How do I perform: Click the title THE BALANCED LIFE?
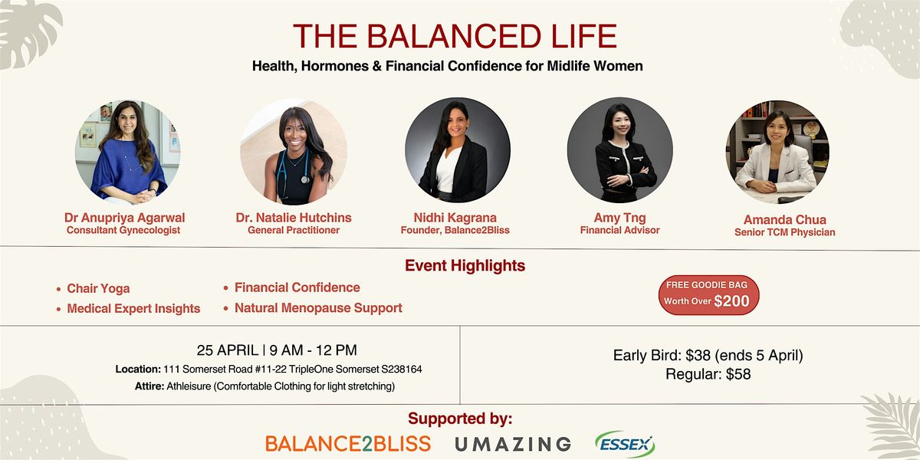(455, 36)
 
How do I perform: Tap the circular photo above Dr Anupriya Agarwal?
(128, 152)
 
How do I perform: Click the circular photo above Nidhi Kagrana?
(458, 150)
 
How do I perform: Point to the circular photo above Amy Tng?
(620, 150)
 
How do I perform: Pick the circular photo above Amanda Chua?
(777, 152)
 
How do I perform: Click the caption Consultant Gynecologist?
(123, 231)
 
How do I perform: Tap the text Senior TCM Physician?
(785, 232)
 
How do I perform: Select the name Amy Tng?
(619, 218)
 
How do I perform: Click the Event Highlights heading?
(465, 266)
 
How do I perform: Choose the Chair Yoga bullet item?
(98, 289)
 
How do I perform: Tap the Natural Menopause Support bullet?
(318, 308)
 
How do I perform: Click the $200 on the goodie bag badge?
(731, 301)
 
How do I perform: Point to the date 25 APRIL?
(228, 350)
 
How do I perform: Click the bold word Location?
(138, 370)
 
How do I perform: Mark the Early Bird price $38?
(698, 355)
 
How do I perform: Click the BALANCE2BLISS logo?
(348, 444)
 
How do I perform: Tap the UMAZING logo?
(513, 444)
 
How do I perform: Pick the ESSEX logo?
(625, 444)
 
